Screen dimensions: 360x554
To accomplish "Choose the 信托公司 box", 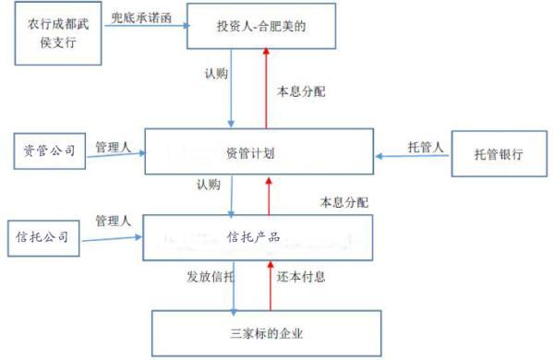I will point(42,237).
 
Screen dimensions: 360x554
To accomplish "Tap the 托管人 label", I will point(427,146).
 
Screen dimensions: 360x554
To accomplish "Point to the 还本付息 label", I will point(301,276).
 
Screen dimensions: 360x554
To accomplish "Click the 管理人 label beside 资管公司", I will point(114,146).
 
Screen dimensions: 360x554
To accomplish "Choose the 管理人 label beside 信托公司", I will point(114,222).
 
